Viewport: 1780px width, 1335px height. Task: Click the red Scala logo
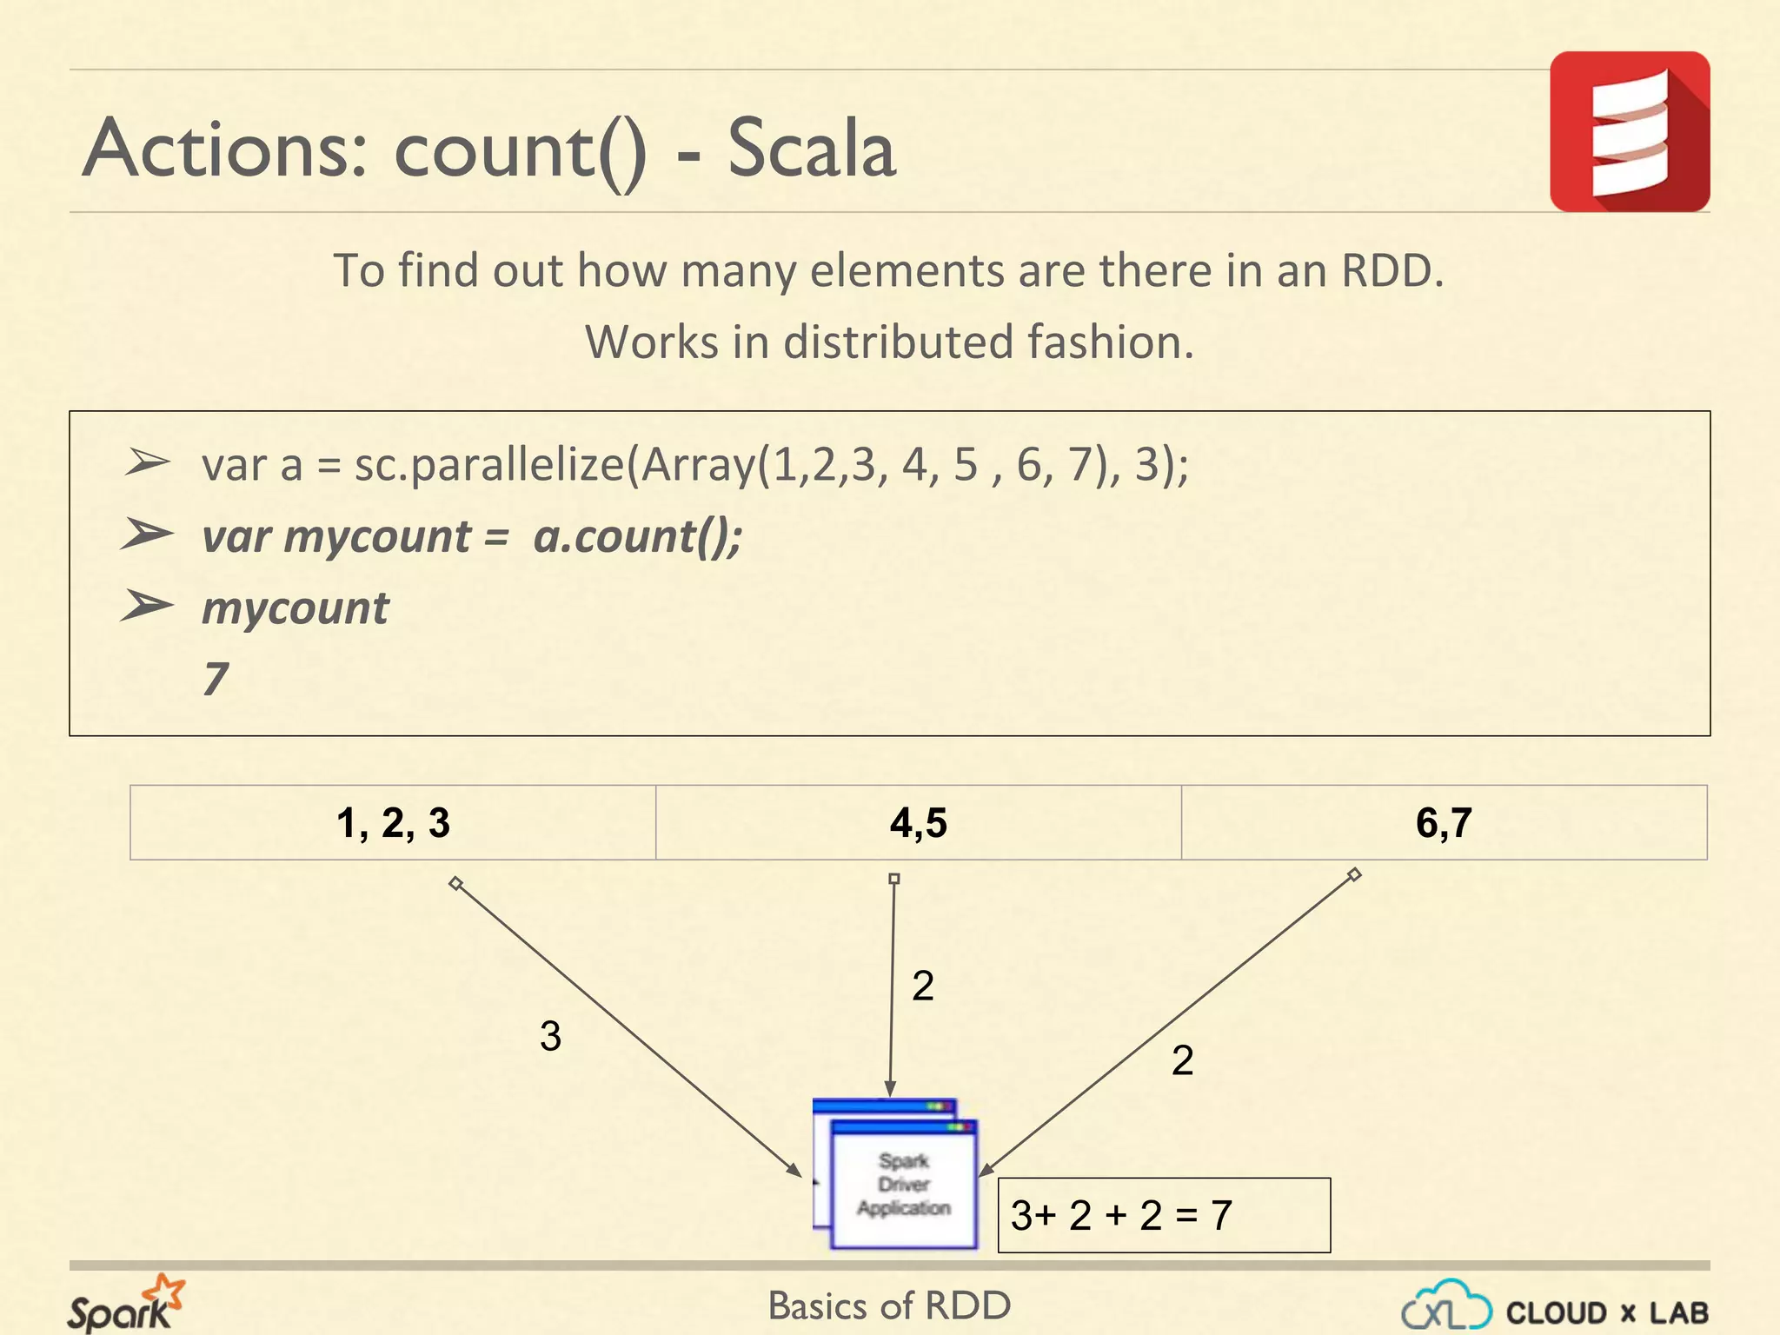(x=1629, y=131)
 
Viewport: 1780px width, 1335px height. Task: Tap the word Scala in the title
(x=810, y=149)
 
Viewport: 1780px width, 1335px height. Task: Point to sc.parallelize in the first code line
(x=488, y=464)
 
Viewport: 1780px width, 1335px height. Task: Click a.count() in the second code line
(x=636, y=536)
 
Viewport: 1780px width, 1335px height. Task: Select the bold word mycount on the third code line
(x=296, y=608)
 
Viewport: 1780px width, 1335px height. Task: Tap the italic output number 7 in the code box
(x=216, y=679)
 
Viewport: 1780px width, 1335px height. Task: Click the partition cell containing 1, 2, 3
(x=393, y=822)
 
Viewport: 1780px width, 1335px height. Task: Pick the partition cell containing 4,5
(x=918, y=822)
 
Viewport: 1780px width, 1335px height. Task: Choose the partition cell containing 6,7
(x=1444, y=822)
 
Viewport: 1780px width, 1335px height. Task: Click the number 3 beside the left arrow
(x=550, y=1036)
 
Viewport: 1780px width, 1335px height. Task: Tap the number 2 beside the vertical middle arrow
(x=922, y=986)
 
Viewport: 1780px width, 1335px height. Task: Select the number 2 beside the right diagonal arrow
(x=1182, y=1060)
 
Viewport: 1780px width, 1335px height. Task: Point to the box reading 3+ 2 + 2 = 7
(x=1163, y=1215)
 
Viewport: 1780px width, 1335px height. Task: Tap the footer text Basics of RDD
(x=889, y=1305)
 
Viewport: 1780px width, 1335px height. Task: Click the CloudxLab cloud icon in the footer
(x=1445, y=1305)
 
